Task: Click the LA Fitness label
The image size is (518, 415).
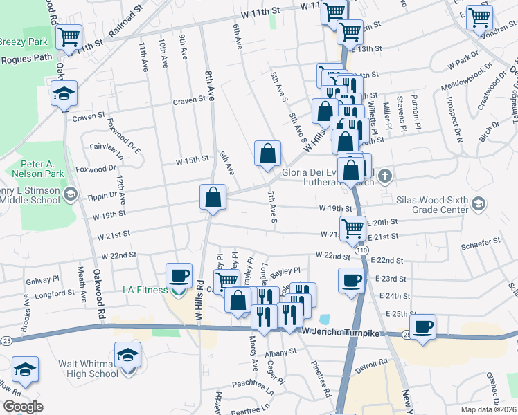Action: (146, 290)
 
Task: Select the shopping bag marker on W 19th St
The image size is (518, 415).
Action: (213, 197)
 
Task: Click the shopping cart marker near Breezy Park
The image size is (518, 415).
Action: (69, 37)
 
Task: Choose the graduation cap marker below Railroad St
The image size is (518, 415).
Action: (64, 94)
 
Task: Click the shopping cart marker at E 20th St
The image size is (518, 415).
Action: (353, 228)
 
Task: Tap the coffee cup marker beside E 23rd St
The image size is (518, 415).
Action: (351, 280)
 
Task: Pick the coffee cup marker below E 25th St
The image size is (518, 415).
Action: (422, 326)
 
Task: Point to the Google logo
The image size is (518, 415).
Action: (23, 407)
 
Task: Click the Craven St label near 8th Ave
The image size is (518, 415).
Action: (190, 100)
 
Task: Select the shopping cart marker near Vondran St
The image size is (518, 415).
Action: (479, 17)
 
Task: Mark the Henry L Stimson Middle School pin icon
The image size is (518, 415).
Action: (70, 195)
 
